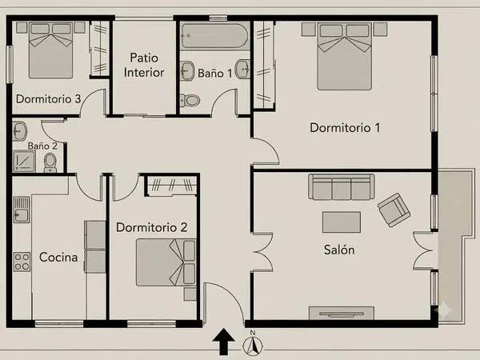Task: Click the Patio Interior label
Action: tap(144, 66)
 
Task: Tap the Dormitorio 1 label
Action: tap(345, 128)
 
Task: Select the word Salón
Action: tap(339, 250)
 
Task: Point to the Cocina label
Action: tap(58, 257)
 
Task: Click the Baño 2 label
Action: tap(42, 146)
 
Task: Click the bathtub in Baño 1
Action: tap(214, 36)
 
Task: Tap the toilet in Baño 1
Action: tap(190, 100)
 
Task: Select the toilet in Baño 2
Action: tap(50, 163)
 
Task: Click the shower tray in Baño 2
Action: tap(24, 161)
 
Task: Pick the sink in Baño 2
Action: tap(19, 131)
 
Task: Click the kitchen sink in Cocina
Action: tap(22, 210)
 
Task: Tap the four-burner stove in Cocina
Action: tap(22, 262)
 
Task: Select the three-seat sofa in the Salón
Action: tap(342, 186)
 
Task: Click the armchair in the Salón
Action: tap(394, 210)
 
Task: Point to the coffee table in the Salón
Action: tap(342, 222)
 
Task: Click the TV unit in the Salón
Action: tap(342, 313)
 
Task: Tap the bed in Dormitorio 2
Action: tap(166, 262)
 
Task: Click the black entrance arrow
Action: tap(224, 342)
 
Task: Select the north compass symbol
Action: tap(253, 345)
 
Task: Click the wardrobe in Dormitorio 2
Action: tap(172, 185)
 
